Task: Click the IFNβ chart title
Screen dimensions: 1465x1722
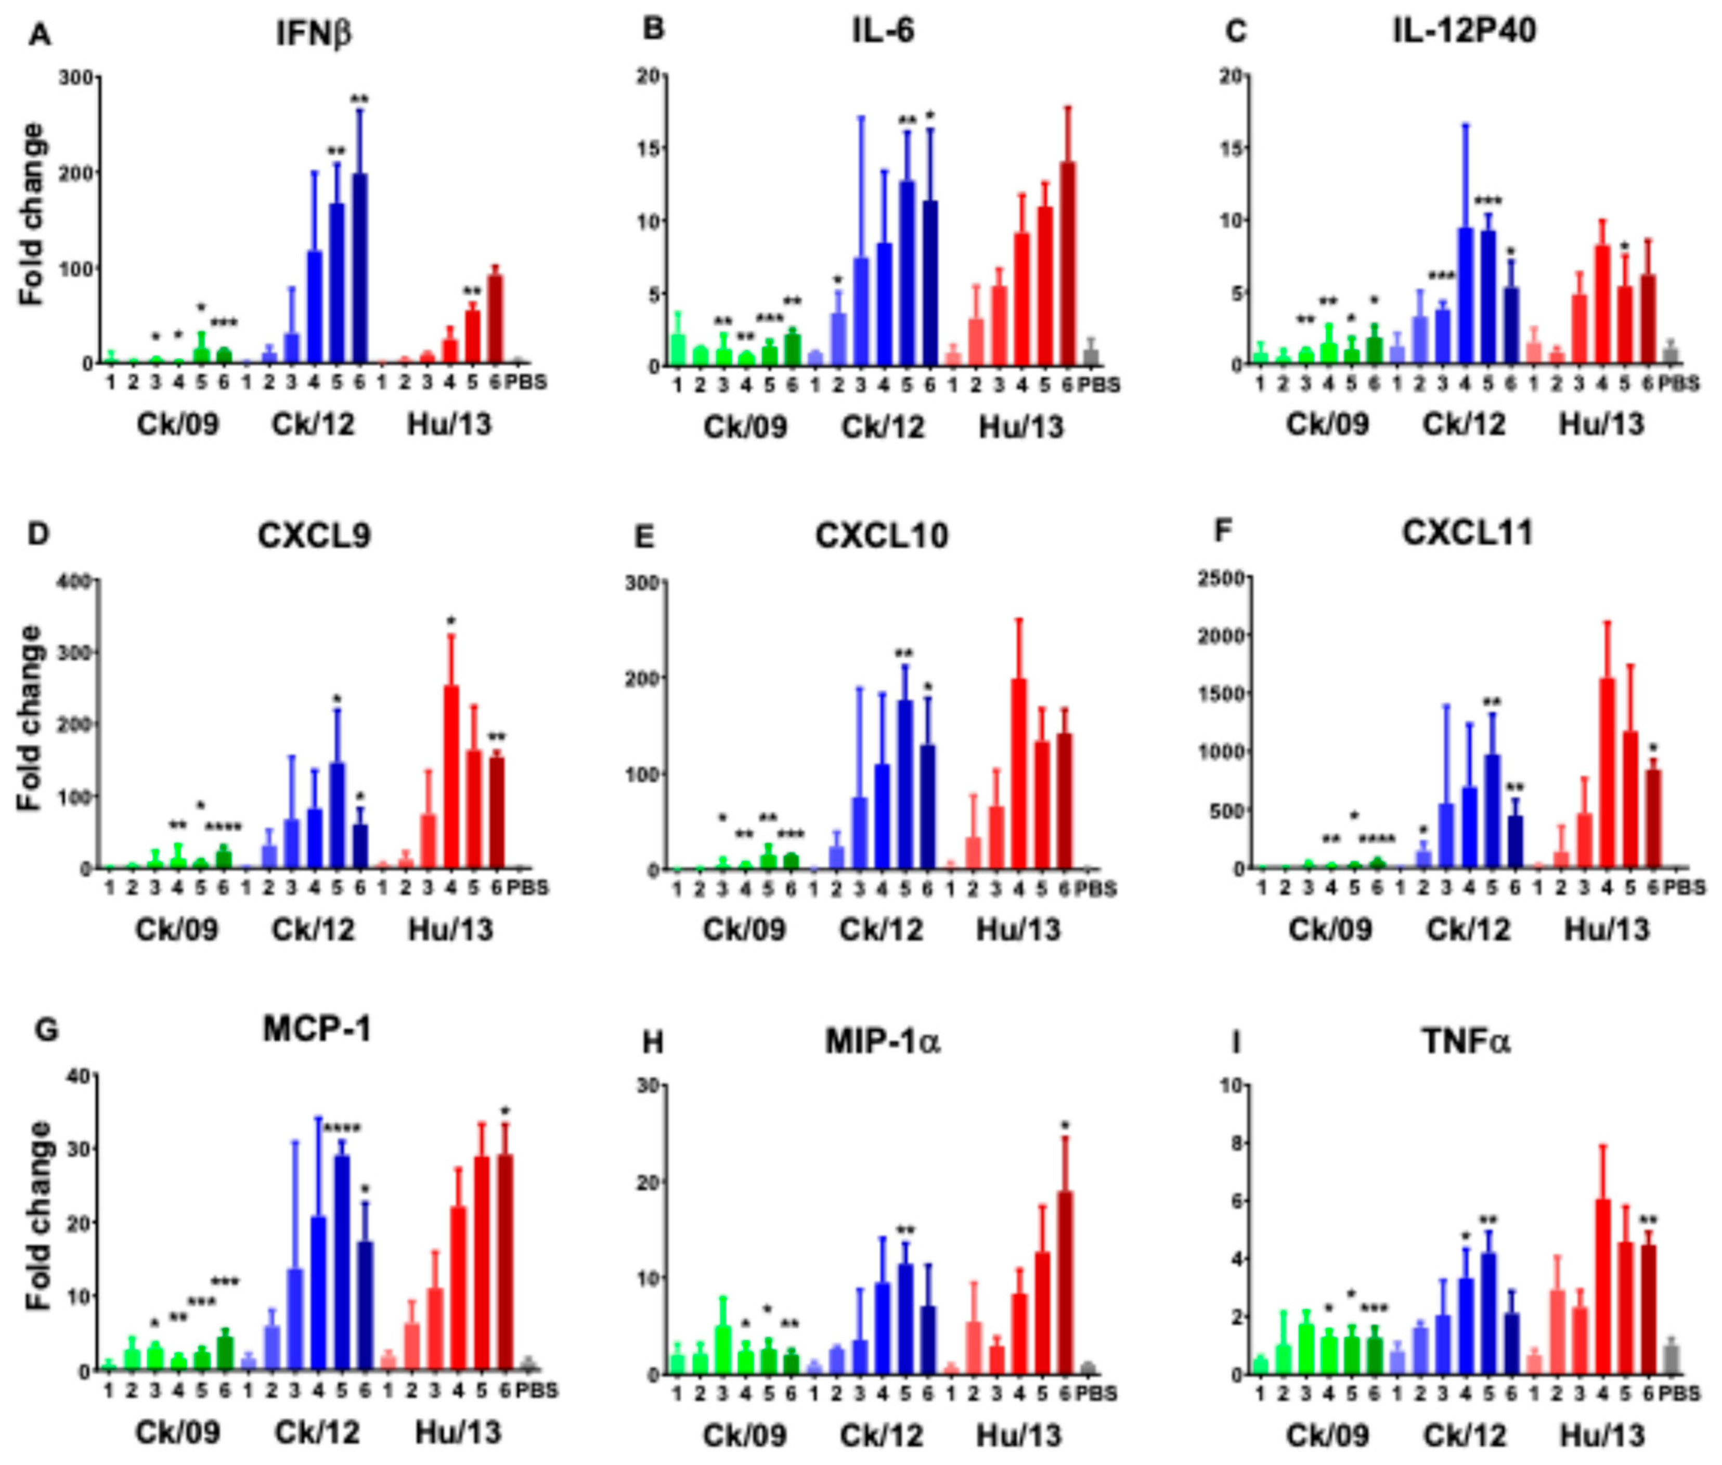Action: (x=314, y=33)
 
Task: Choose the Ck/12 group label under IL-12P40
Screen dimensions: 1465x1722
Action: (x=1464, y=424)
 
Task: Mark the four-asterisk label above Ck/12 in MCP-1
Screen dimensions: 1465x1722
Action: (x=341, y=1128)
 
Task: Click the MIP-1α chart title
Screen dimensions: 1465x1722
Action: (x=882, y=1042)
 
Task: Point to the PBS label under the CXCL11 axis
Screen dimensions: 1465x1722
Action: (x=1686, y=888)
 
